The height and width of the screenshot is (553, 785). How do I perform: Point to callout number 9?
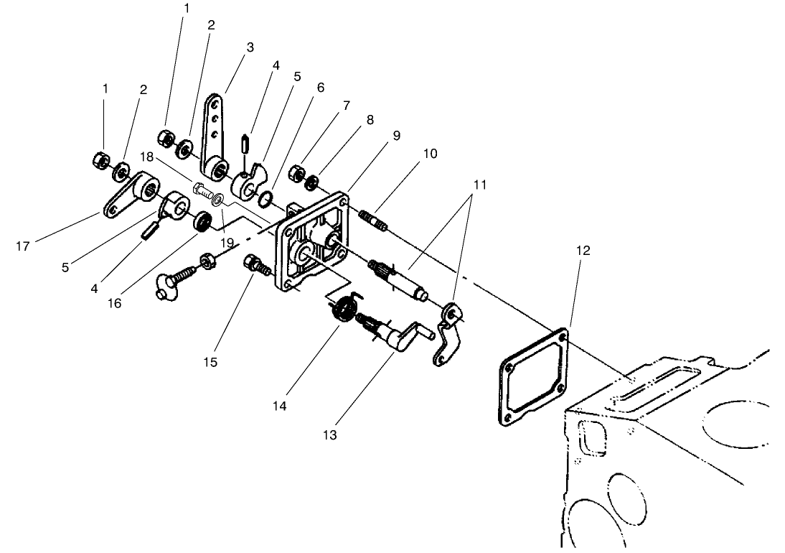[x=395, y=136]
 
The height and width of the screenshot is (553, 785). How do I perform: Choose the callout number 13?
[x=331, y=435]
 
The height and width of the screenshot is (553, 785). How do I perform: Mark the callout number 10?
[x=431, y=154]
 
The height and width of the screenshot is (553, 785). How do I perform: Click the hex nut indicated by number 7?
[x=295, y=173]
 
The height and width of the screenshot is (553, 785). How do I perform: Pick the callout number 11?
[x=479, y=185]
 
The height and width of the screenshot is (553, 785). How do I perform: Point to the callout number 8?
[x=370, y=120]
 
